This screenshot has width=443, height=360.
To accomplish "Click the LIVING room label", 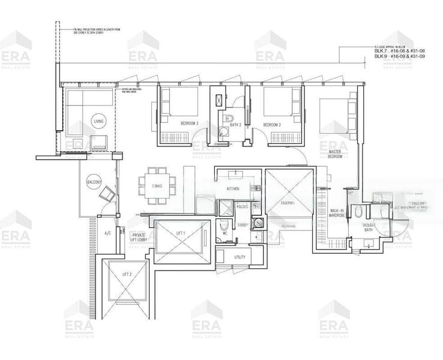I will click(98, 122).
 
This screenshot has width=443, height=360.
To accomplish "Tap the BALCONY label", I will click(94, 183).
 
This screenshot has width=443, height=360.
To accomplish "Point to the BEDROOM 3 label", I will click(189, 124).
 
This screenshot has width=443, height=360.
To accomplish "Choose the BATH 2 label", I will click(235, 125).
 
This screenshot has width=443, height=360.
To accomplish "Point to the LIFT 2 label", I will click(127, 274).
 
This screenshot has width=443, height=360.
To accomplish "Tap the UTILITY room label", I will click(240, 257).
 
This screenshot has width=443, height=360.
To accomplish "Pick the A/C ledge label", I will click(108, 233).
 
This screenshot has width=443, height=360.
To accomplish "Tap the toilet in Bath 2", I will click(226, 119).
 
